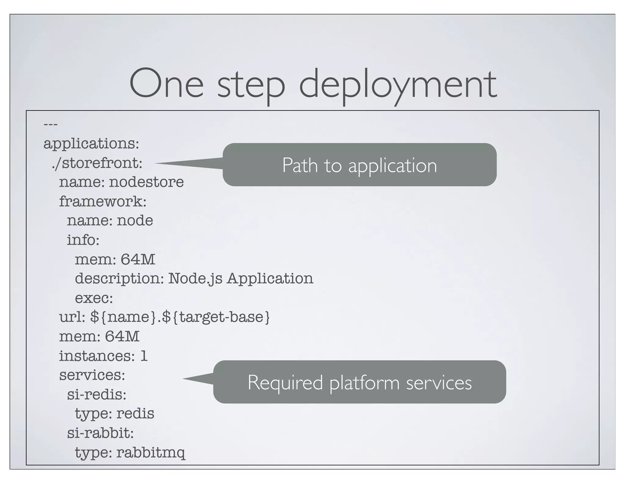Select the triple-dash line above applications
point(50,125)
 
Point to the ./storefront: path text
point(97,163)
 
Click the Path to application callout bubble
point(359,165)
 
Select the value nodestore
point(146,182)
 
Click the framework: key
point(103,202)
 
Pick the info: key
point(83,240)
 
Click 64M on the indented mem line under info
point(138,259)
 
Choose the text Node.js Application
point(240,278)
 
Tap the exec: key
point(94,298)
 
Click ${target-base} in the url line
point(216,317)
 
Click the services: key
point(92,375)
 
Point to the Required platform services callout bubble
point(359,382)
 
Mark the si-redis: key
point(96,394)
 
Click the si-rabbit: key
point(100,433)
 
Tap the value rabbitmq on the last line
point(151,453)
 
